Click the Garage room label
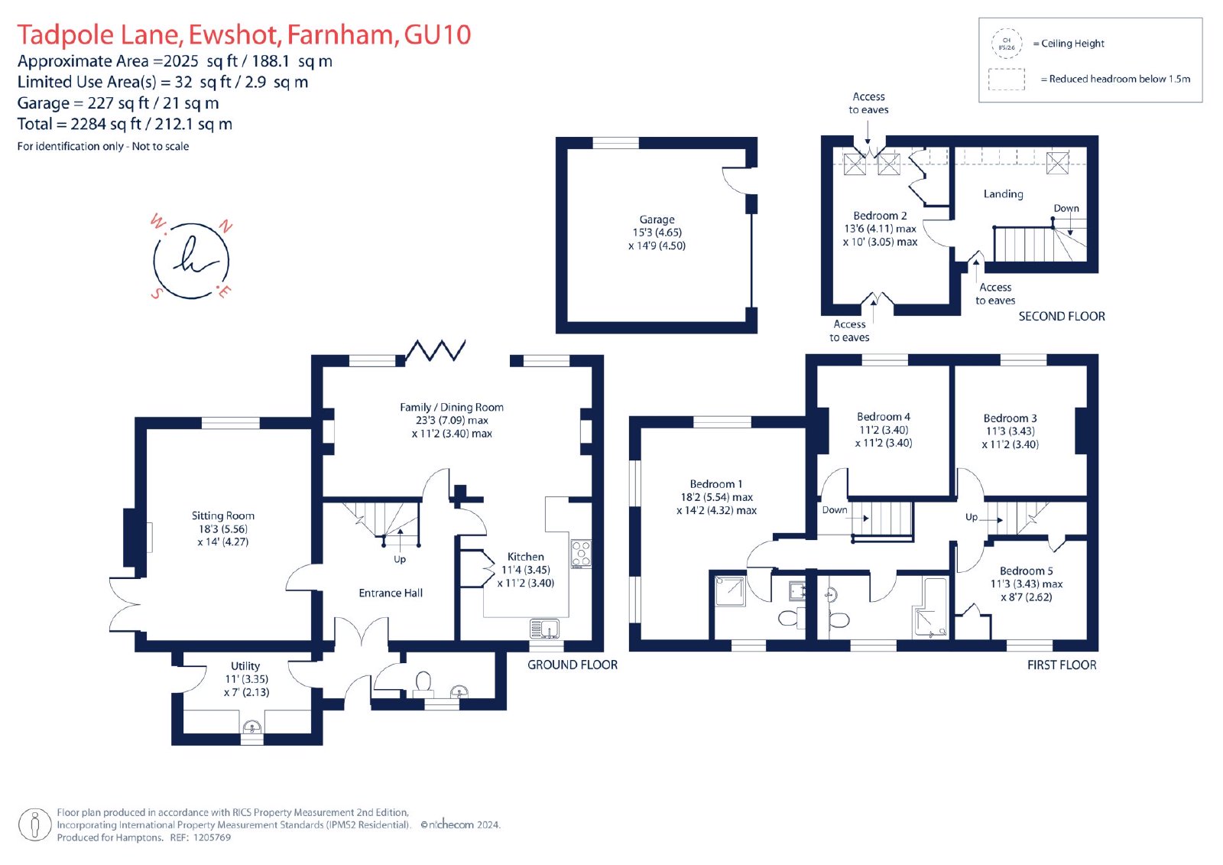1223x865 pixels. click(x=657, y=220)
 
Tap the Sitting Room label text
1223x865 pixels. click(x=222, y=515)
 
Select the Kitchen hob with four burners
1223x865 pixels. click(x=581, y=554)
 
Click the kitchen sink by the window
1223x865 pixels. click(x=544, y=629)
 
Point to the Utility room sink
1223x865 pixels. click(x=251, y=727)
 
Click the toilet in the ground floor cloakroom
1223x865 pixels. click(x=423, y=684)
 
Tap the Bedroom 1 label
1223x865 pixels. click(x=715, y=484)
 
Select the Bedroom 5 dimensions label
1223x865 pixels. click(x=1027, y=590)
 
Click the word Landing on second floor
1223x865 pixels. click(x=1003, y=194)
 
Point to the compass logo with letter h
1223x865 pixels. click(x=191, y=259)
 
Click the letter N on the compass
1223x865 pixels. click(x=225, y=226)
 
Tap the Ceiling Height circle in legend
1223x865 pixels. click(x=1006, y=44)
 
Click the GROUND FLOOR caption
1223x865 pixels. click(x=573, y=665)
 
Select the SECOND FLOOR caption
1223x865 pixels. click(x=1062, y=317)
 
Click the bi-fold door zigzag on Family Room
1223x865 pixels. click(x=435, y=350)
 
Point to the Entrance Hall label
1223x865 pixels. click(x=391, y=593)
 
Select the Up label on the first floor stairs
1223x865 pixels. click(x=972, y=517)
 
